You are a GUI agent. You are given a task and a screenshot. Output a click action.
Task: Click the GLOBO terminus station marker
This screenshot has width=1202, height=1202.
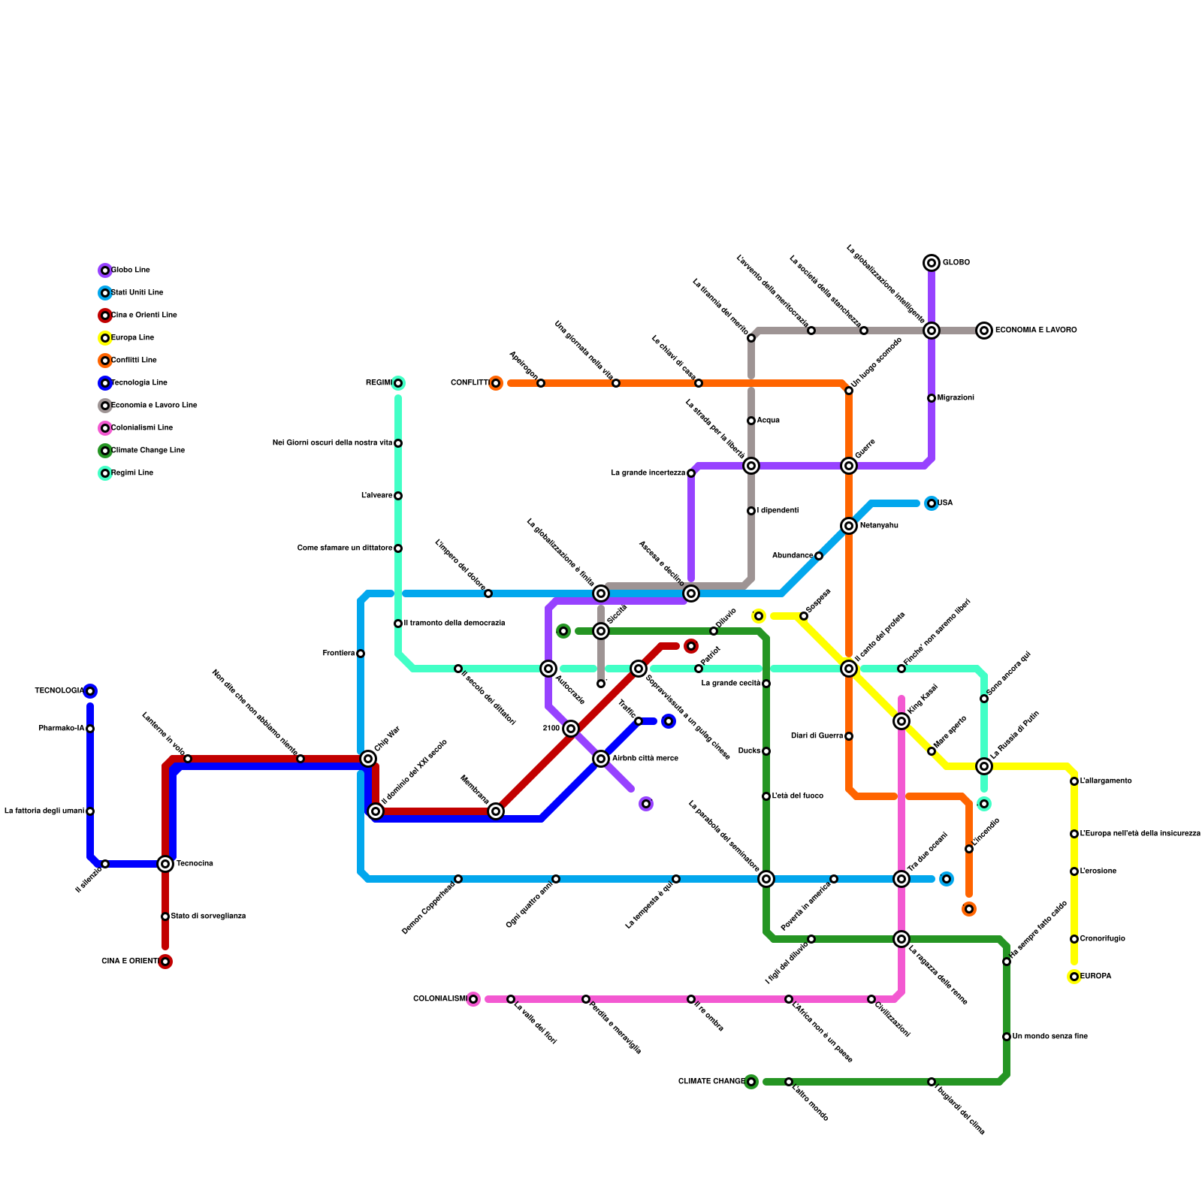[x=932, y=263]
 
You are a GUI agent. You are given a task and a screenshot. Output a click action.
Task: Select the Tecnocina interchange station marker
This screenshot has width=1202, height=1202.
[x=165, y=864]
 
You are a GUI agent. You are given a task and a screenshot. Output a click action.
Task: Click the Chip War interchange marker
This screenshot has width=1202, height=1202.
[x=368, y=759]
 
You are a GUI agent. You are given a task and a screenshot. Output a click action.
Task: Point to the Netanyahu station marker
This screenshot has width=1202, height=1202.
[x=849, y=526]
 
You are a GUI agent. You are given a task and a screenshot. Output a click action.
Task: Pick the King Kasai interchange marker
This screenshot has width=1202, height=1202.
[x=901, y=721]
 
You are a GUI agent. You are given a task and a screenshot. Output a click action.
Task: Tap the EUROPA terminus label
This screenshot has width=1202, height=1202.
[x=1095, y=977]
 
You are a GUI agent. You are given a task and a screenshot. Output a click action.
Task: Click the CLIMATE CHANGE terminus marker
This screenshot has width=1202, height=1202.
[x=751, y=1082]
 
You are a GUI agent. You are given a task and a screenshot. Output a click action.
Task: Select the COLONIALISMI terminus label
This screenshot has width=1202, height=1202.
[x=439, y=999]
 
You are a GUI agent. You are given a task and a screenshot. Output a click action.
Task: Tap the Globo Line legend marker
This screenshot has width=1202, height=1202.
[x=105, y=270]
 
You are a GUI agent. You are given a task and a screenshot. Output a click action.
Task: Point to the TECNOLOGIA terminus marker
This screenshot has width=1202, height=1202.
[x=90, y=691]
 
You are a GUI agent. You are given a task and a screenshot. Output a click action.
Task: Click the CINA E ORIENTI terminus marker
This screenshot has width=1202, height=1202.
[x=165, y=962]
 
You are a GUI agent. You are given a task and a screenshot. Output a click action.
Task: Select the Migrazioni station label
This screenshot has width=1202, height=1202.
[x=956, y=398]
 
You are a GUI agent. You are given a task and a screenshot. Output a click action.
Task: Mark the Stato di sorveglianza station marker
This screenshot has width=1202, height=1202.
[x=165, y=917]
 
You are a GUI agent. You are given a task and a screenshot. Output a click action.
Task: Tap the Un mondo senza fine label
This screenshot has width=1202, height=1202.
[x=1049, y=1037]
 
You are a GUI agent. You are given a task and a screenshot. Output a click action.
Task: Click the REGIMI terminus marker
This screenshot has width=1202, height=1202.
[x=398, y=383]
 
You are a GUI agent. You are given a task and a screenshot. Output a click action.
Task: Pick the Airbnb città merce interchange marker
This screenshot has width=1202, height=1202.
[x=601, y=759]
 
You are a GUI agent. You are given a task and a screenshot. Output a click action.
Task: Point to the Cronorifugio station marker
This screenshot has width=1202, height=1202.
[x=1074, y=939]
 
